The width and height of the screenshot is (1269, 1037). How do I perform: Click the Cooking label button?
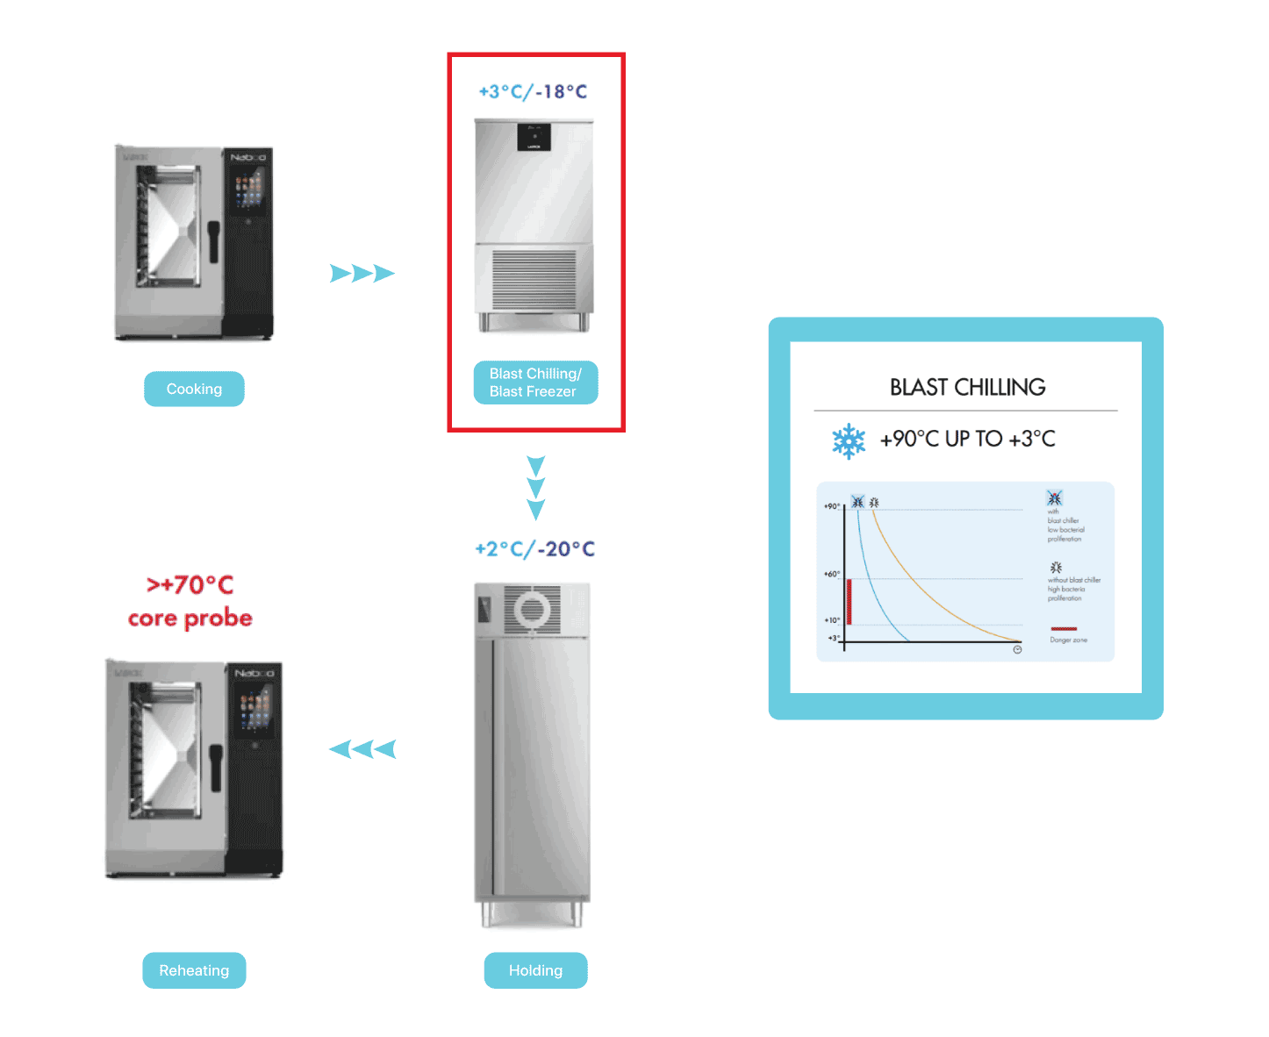[x=194, y=389]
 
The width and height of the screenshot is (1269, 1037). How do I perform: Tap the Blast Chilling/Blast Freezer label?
[x=535, y=383]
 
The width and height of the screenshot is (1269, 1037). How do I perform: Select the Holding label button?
[x=535, y=970]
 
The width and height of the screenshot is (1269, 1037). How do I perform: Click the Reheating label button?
[x=194, y=970]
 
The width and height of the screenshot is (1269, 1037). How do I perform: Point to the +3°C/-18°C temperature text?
[x=533, y=91]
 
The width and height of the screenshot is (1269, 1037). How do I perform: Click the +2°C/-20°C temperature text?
[x=534, y=549]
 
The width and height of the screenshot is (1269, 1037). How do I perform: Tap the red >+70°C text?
[x=190, y=584]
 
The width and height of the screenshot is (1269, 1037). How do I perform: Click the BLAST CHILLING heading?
[x=967, y=387]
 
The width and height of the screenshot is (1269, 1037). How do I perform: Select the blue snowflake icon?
[x=849, y=440]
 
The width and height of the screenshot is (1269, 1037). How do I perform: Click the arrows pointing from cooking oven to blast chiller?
[x=362, y=274]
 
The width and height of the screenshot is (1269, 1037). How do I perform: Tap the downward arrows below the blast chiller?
[x=535, y=488]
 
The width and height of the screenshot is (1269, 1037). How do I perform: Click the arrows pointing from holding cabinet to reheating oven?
[x=362, y=749]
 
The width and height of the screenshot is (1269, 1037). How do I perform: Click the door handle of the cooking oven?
[x=213, y=240]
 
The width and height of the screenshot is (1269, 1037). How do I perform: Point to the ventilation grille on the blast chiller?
[x=534, y=278]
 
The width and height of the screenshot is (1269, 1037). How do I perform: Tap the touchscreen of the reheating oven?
[x=255, y=706]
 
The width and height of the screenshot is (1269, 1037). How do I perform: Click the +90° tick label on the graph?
[x=832, y=506]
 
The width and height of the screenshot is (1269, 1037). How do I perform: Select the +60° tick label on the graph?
[x=832, y=574]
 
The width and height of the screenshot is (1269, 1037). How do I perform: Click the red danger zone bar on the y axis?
[x=850, y=601]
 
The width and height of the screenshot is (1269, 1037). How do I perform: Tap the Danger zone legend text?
[x=1068, y=640]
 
